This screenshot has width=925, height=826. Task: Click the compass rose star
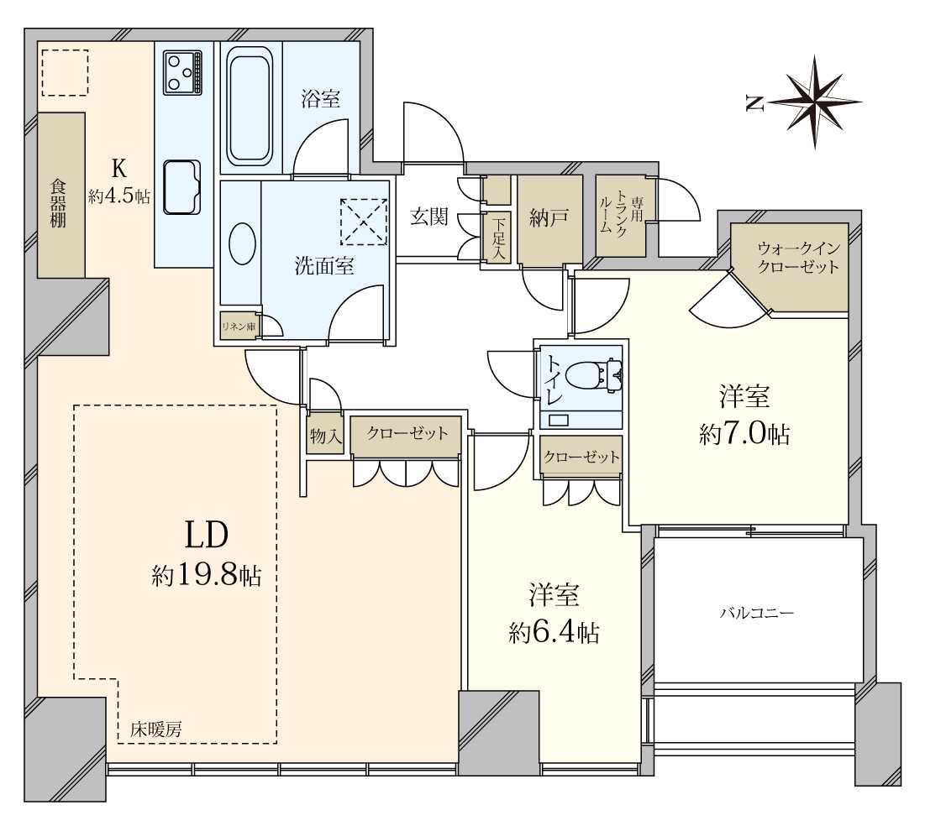coord(815,102)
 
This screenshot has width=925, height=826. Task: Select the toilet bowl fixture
coord(593,374)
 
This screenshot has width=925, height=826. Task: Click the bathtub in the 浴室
coord(250,107)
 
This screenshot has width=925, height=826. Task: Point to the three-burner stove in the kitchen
coord(183,71)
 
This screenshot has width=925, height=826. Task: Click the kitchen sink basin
coord(181,187)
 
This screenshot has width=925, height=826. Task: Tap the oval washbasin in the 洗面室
coord(241,244)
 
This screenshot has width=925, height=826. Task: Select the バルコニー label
coord(756,613)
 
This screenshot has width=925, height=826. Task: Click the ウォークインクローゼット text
coord(798,258)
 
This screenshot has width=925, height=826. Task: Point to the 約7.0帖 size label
coord(744,435)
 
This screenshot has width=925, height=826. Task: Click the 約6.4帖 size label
coord(554,634)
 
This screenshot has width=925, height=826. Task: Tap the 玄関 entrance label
coord(428,217)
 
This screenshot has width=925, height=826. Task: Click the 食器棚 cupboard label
coord(58,204)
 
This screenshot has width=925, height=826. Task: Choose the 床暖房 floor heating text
coord(155,730)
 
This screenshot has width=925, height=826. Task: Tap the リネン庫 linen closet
coord(239,326)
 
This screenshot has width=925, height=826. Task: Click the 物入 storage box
coord(325,437)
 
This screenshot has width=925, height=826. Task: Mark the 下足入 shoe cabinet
coord(499,238)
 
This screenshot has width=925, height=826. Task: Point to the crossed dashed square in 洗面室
coord(364,222)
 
